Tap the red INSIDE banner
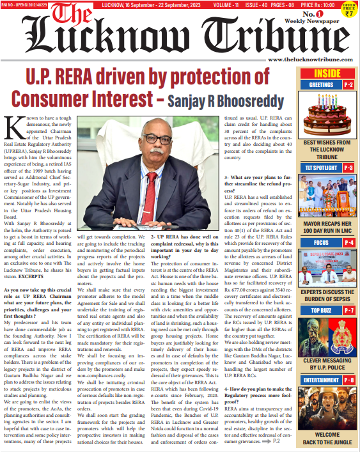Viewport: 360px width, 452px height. click(327, 73)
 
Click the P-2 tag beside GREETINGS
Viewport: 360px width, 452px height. click(349, 84)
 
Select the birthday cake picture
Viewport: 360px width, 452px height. click(327, 113)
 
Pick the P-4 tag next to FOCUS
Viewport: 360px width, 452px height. click(349, 243)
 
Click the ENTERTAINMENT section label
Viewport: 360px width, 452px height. click(321, 380)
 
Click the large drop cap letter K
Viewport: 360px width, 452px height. click(14, 129)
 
